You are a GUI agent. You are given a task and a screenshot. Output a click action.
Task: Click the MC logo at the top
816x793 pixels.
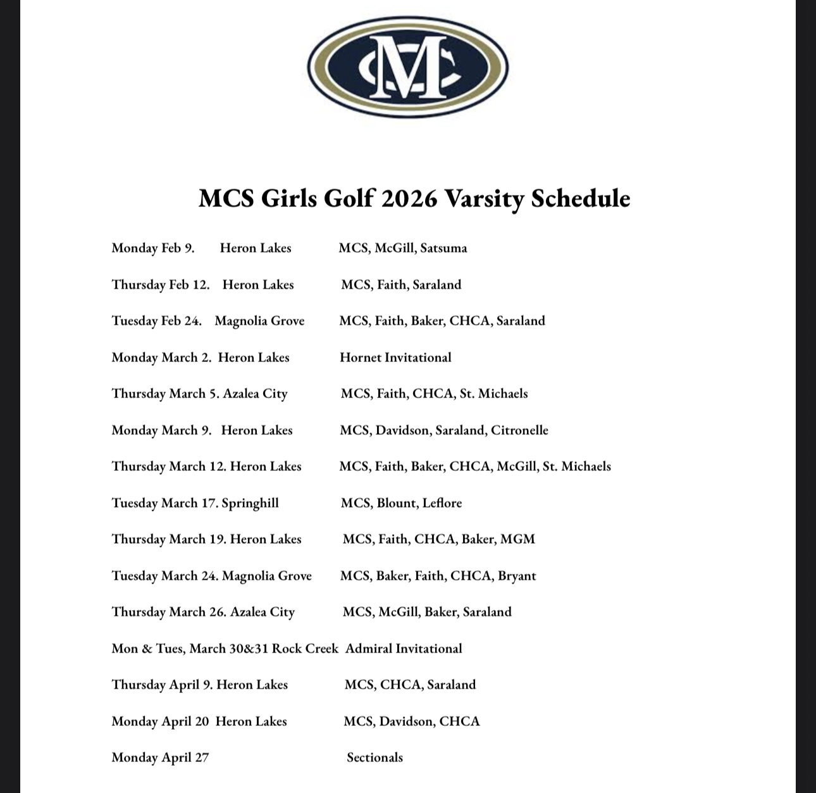tap(408, 66)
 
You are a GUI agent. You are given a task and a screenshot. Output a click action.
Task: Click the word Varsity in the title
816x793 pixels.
tap(484, 198)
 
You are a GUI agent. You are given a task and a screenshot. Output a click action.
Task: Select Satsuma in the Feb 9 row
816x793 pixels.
tap(443, 248)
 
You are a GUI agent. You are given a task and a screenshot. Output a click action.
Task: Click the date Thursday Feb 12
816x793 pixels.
tap(161, 285)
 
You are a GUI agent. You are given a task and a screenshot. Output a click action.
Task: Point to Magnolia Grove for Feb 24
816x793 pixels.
tap(259, 321)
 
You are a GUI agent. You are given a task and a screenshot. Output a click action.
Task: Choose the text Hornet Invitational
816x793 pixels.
tap(395, 358)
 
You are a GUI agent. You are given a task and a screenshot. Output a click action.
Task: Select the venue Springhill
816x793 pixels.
tap(250, 503)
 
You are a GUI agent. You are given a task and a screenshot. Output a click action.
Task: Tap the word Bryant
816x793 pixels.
tap(517, 576)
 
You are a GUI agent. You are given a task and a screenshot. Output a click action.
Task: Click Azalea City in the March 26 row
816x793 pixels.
tap(263, 612)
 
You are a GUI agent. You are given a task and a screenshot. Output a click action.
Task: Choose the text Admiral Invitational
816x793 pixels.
tap(404, 649)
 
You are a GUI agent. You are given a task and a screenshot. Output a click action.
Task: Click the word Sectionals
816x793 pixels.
tap(374, 758)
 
